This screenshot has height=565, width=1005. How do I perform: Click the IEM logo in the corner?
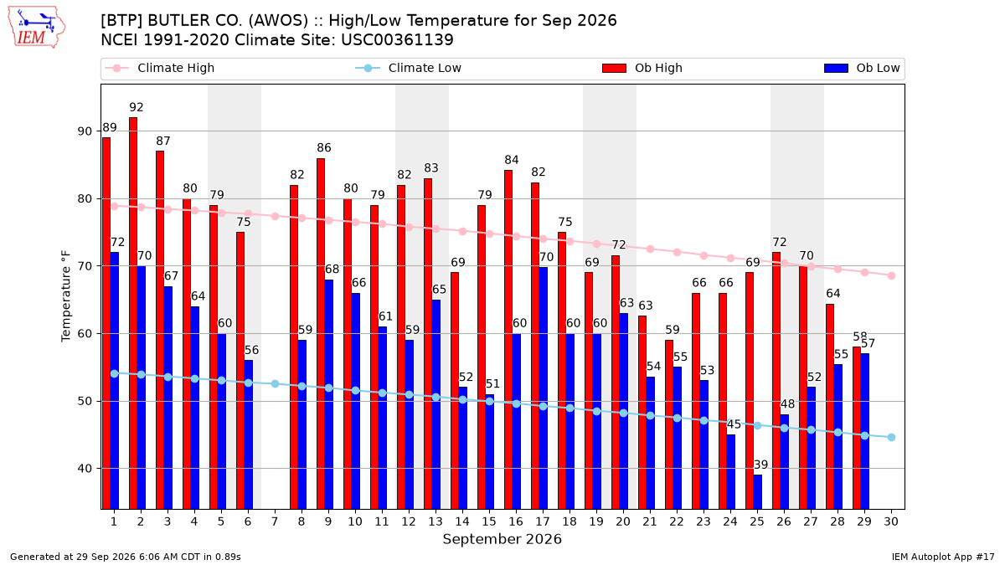pos(37,27)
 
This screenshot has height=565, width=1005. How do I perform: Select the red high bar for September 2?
pos(133,313)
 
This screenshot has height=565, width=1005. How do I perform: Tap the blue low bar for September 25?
pos(757,492)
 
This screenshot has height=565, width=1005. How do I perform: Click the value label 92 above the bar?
pos(137,108)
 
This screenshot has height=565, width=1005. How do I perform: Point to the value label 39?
pos(760,465)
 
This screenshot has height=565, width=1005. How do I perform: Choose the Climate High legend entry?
pos(159,68)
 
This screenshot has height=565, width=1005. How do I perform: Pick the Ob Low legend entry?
pos(862,68)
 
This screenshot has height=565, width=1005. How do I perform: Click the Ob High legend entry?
pos(642,68)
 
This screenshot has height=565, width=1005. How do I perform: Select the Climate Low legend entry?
pos(409,68)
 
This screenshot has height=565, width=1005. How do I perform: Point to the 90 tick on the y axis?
pos(85,131)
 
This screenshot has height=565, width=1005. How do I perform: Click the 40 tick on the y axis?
pos(85,469)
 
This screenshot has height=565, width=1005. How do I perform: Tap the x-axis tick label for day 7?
pos(275,521)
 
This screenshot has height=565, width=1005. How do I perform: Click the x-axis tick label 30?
pos(891,521)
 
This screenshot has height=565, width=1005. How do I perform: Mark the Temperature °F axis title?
pos(66,296)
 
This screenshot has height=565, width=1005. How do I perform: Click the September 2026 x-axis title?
pos(502,539)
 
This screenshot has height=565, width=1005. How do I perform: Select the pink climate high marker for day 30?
pos(891,275)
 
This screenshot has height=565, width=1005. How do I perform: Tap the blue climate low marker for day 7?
pos(275,384)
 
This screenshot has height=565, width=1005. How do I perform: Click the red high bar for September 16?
pos(508,340)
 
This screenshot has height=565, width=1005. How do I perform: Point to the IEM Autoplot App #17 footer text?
pos(943,557)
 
